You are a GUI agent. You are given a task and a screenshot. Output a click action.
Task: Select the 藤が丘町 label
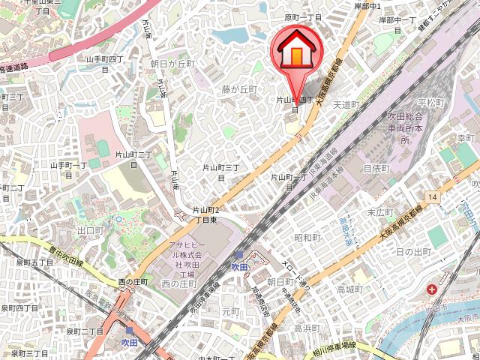(x=238, y=88)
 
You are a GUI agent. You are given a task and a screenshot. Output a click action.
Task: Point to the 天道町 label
(x=346, y=104)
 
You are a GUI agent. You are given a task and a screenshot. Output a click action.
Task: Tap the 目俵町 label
(x=376, y=168)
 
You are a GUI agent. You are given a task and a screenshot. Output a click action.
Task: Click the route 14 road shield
(x=432, y=196)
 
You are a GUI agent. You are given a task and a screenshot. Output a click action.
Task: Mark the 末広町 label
(x=380, y=212)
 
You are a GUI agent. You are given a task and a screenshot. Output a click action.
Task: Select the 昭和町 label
(x=307, y=238)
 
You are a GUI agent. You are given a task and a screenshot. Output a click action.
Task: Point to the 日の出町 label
(x=412, y=251)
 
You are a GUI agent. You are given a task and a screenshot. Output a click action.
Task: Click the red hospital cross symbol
(x=433, y=289)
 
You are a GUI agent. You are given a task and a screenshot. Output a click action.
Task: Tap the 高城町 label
(x=349, y=289)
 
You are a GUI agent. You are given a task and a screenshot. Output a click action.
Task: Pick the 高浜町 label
(x=307, y=328)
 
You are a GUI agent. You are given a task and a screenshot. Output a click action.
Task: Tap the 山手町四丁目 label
(x=104, y=63)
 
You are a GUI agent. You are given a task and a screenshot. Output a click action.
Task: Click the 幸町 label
(x=466, y=138)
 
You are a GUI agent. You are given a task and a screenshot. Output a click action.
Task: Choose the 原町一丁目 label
(x=303, y=17)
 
